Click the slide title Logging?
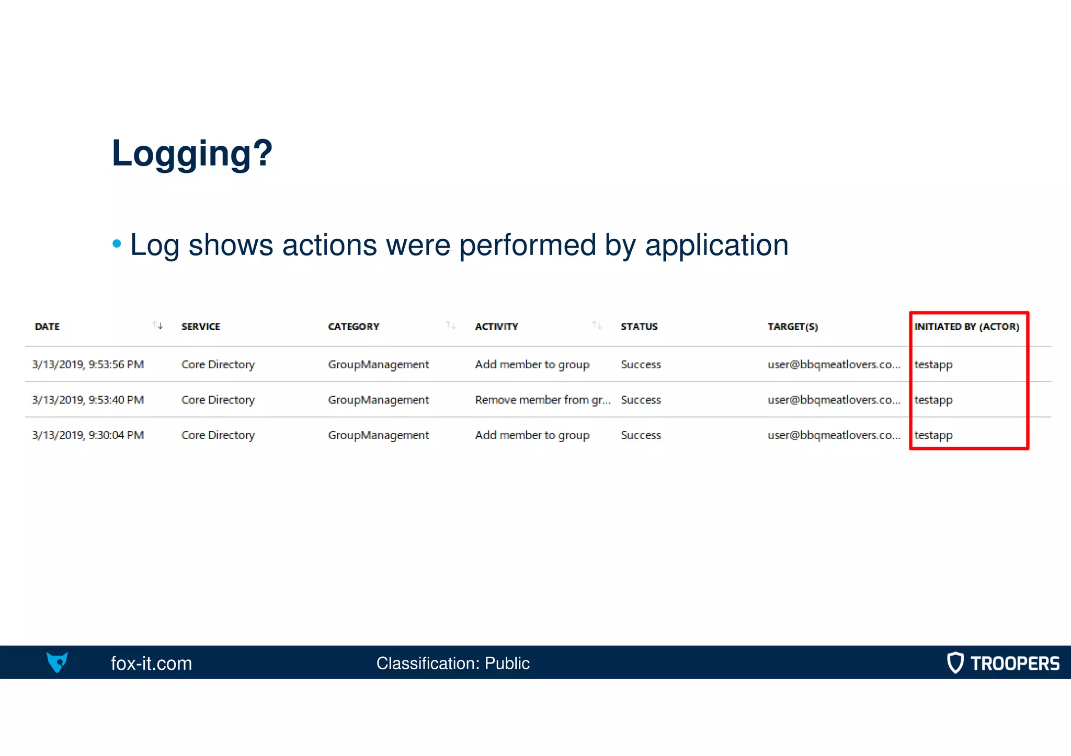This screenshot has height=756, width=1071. [192, 154]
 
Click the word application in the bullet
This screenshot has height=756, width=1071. [716, 246]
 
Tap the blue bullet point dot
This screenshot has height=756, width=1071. [117, 243]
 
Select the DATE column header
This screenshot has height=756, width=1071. [47, 327]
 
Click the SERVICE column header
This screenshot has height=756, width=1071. [200, 327]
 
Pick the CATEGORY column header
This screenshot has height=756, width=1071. [354, 327]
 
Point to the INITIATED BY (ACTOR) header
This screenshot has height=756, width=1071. [966, 327]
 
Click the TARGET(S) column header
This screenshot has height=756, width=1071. [792, 327]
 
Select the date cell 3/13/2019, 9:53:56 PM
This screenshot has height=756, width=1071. [88, 365]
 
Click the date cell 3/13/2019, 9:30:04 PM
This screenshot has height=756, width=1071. [88, 435]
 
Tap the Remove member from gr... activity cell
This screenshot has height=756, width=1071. [542, 400]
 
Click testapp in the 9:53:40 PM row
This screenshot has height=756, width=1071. [933, 400]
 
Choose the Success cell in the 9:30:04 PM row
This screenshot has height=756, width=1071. [641, 435]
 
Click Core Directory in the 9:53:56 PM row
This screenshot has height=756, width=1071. [218, 365]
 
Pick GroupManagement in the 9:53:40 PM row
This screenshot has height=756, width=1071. [378, 400]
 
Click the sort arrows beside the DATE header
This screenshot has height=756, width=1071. [157, 325]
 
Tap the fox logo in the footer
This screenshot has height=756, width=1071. [57, 662]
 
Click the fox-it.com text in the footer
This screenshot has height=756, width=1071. [151, 664]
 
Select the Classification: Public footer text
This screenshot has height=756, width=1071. [453, 664]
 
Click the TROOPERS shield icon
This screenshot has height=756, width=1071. [955, 662]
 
